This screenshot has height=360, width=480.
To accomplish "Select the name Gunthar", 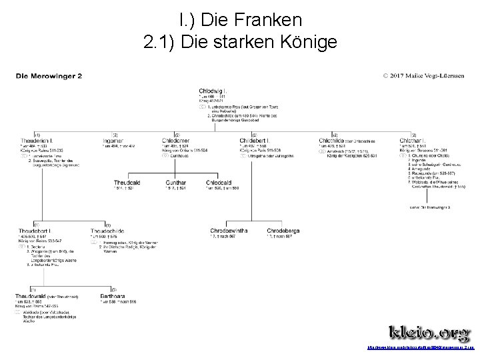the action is pyautogui.click(x=176, y=182).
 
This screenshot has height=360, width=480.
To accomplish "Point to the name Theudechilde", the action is pyautogui.click(x=108, y=231).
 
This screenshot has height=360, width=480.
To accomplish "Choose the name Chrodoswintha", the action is pyautogui.click(x=229, y=231).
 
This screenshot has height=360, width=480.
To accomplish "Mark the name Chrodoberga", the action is pyautogui.click(x=283, y=231).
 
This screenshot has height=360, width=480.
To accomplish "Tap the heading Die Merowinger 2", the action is pyautogui.click(x=49, y=75).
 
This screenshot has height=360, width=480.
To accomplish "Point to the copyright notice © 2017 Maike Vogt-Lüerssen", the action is pyautogui.click(x=426, y=75).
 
